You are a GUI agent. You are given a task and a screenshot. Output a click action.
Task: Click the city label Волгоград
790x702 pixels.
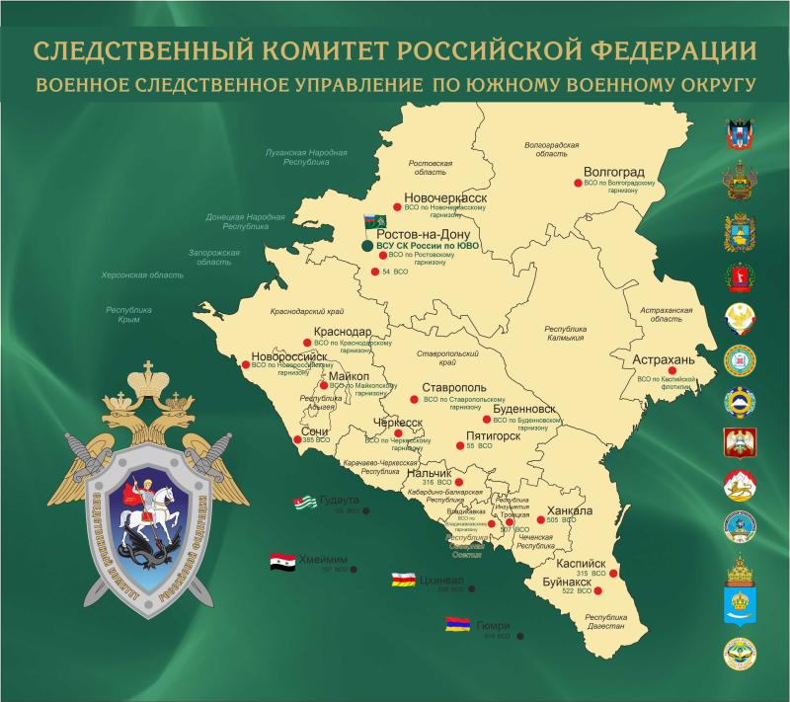point(615,170)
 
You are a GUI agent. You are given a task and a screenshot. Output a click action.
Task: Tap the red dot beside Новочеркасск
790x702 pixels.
point(396,207)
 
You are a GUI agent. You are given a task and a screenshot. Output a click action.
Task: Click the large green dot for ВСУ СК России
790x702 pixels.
point(367,245)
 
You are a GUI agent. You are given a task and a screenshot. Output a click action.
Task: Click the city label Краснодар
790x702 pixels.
point(342,332)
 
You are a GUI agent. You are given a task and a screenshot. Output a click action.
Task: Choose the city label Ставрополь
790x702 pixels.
point(454,387)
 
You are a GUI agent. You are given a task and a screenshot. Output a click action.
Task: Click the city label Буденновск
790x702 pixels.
point(523,408)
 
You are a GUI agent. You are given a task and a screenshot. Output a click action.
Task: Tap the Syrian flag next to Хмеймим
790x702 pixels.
point(282,562)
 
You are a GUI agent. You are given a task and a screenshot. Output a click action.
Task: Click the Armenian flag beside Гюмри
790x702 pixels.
point(456,625)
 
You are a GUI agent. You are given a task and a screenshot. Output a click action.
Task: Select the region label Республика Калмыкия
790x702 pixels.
point(566,333)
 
